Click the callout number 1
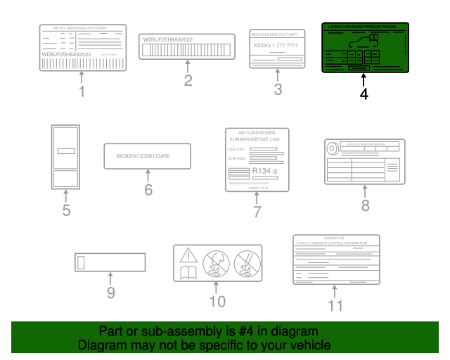click(x=82, y=91)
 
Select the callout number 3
click(x=278, y=89)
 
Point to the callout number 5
click(x=66, y=210)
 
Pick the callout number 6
click(x=148, y=189)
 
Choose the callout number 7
click(x=257, y=211)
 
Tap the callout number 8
click(x=365, y=205)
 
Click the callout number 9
click(x=110, y=292)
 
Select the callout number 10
click(x=217, y=302)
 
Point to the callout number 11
click(x=335, y=305)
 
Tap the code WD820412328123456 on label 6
click(x=147, y=156)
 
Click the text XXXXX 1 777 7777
click(x=277, y=45)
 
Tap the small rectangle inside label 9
click(x=81, y=263)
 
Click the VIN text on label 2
click(x=167, y=40)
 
